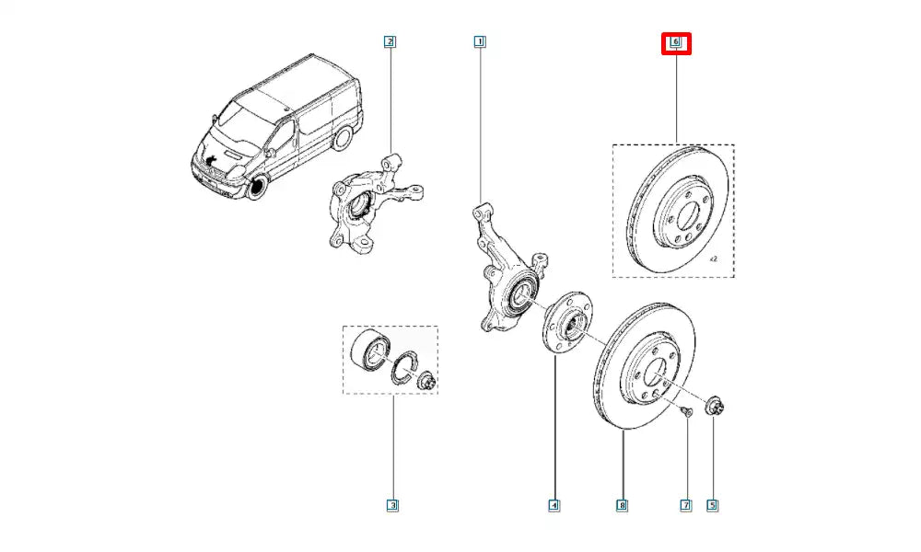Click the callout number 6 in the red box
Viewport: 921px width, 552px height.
pos(676,42)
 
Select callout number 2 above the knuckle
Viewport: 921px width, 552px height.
pos(390,41)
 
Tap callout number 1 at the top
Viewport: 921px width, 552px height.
pos(479,41)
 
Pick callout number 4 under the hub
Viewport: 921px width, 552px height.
pos(554,504)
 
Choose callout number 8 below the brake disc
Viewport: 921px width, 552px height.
pos(623,504)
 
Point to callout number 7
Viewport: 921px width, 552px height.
pos(685,504)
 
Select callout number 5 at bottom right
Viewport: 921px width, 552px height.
pos(712,504)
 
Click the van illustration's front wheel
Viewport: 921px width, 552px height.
pos(256,188)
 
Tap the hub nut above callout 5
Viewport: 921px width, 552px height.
pos(716,406)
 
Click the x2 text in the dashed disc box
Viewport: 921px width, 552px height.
pos(715,260)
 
